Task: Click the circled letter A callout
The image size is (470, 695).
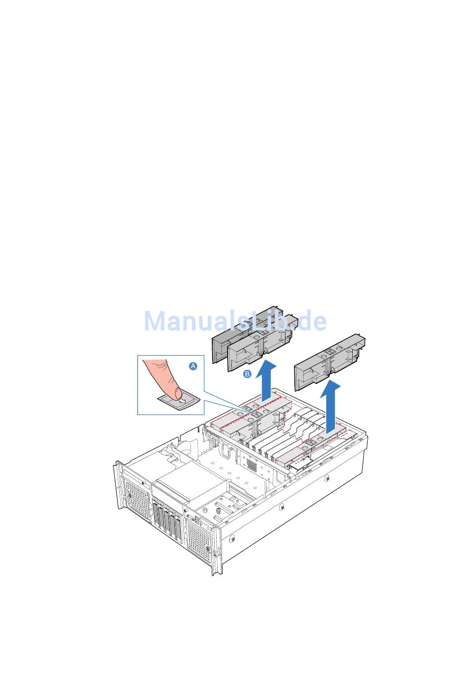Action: coord(193,366)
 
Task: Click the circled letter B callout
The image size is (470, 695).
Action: coord(247,374)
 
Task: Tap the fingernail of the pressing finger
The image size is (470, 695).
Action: coord(179,393)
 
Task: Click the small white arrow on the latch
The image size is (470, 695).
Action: coord(183,401)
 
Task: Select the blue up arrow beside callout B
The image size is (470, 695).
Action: coord(266,381)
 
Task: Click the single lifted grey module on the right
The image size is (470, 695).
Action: coord(329,362)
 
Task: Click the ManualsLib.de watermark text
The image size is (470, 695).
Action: coord(235,321)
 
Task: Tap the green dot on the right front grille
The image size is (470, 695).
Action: coord(208,549)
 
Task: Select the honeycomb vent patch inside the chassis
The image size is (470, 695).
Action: coord(252,464)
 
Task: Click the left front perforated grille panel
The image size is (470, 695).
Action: coord(138,500)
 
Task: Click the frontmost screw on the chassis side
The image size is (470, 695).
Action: coord(232,540)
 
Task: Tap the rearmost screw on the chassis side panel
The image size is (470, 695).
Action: coord(327,479)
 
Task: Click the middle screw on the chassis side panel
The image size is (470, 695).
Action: coord(282,508)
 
